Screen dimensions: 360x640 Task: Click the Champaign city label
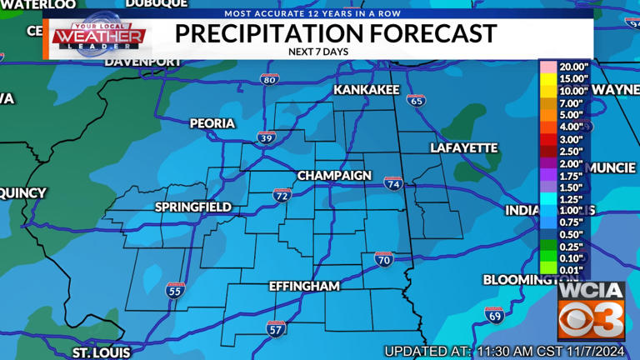click(x=334, y=176)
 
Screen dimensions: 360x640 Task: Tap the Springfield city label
click(x=192, y=207)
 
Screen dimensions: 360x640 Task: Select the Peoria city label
click(x=212, y=123)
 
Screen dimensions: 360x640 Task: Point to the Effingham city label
click(x=304, y=286)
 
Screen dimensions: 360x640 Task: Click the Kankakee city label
click(x=367, y=89)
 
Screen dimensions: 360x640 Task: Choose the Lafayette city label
click(x=463, y=147)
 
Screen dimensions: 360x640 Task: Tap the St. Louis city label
click(x=101, y=352)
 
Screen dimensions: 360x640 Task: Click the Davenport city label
click(x=143, y=62)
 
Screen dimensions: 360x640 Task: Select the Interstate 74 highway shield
click(x=393, y=182)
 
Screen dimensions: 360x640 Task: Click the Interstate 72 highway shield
click(x=282, y=195)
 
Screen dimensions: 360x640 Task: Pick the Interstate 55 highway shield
click(x=175, y=290)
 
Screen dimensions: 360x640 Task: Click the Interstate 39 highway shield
click(x=266, y=137)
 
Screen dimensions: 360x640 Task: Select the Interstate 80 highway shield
click(x=268, y=79)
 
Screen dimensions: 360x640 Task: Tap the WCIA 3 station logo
click(x=591, y=310)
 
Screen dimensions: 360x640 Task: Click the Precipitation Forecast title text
click(x=336, y=34)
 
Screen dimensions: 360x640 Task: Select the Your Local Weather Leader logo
click(x=99, y=37)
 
